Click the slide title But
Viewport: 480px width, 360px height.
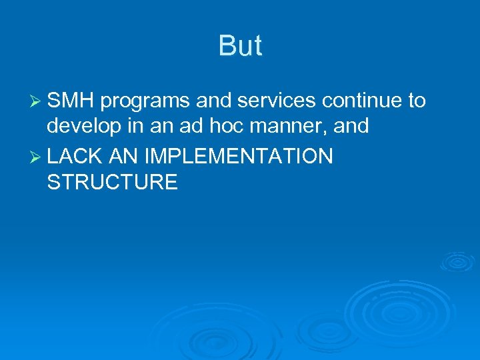pos(240,46)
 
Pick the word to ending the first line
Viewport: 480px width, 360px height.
pos(417,101)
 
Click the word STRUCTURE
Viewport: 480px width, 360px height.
pos(112,183)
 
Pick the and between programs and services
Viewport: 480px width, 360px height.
pos(213,101)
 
